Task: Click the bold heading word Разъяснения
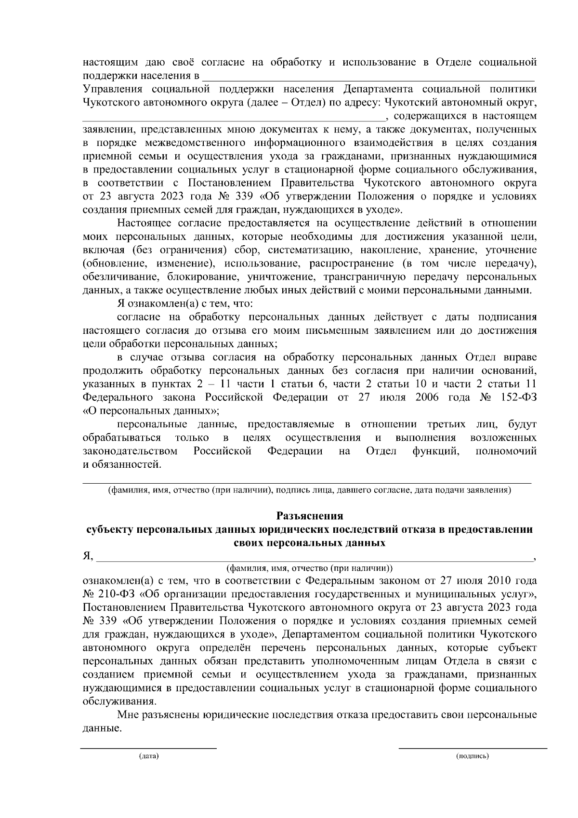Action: [309, 516]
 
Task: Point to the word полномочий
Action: [506, 451]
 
